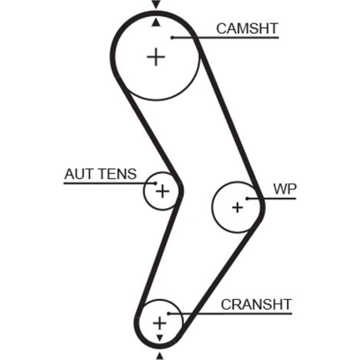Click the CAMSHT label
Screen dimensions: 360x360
(x=247, y=28)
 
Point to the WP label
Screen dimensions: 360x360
(x=284, y=190)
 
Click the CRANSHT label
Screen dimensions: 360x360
(x=256, y=305)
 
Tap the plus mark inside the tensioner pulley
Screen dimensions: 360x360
(x=162, y=191)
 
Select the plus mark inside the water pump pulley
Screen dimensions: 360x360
(x=237, y=207)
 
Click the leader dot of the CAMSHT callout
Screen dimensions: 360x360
(x=172, y=37)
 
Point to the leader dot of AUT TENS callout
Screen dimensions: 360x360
(x=155, y=183)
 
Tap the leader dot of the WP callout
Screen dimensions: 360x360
(x=247, y=198)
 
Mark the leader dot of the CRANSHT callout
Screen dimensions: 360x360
(x=168, y=313)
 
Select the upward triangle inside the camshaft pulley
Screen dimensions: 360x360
(x=156, y=23)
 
